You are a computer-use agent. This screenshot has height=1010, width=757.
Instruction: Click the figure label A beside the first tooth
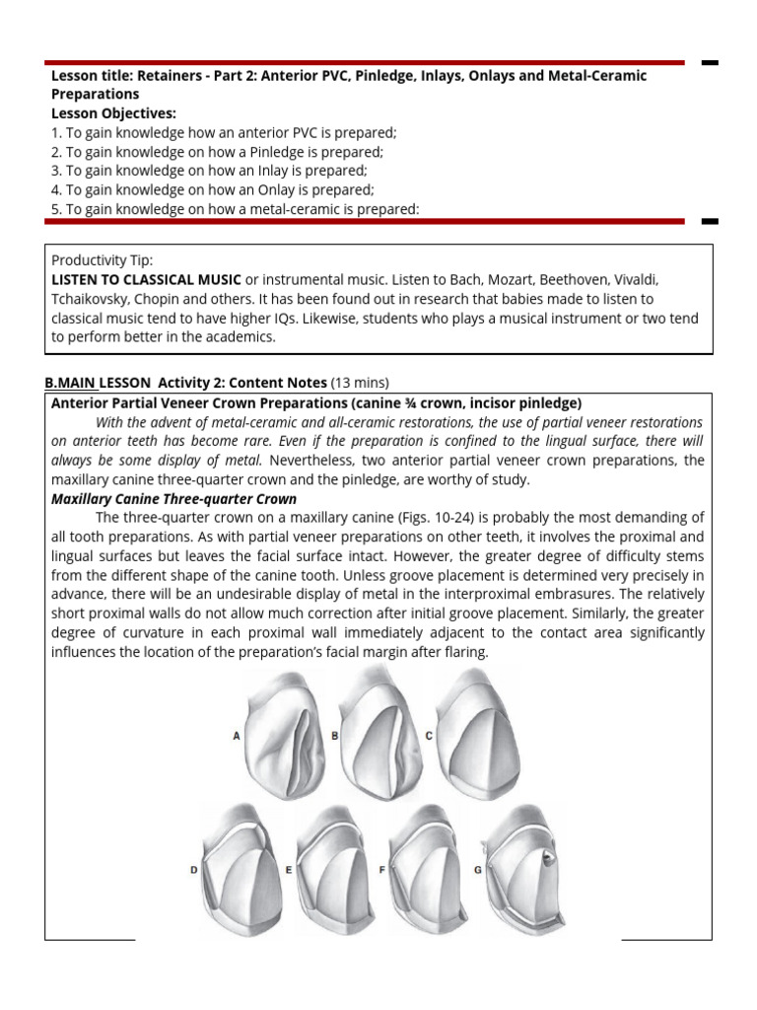tap(237, 735)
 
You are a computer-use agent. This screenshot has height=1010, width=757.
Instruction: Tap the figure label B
tap(335, 735)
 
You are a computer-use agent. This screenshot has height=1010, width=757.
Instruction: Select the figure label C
tap(429, 735)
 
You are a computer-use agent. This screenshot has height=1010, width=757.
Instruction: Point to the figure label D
tap(193, 869)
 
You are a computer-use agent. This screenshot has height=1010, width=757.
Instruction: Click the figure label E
tap(288, 869)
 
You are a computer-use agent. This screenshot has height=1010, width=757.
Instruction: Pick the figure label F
tap(381, 869)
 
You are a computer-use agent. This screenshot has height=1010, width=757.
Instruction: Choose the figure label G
tap(478, 869)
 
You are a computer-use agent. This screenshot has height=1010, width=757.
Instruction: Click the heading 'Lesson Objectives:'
tap(113, 113)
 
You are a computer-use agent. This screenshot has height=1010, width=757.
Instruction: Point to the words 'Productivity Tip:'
tap(102, 260)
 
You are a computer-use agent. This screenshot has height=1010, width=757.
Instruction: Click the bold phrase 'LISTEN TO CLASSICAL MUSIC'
tap(146, 279)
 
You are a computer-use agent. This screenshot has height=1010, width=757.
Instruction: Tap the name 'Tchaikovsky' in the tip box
tap(92, 299)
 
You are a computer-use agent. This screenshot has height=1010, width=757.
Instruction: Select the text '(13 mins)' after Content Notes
tap(360, 383)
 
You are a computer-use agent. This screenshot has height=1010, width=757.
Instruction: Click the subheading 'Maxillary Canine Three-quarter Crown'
tap(173, 499)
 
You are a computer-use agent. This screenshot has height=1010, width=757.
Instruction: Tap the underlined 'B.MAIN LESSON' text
tap(99, 383)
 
